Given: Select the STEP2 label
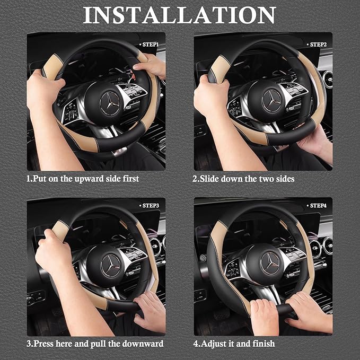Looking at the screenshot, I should pyautogui.click(x=317, y=45).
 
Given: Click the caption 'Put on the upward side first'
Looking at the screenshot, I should pyautogui.click(x=83, y=179).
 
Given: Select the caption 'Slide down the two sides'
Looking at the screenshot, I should pyautogui.click(x=243, y=179).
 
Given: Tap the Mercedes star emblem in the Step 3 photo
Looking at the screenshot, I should pyautogui.click(x=108, y=264).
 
